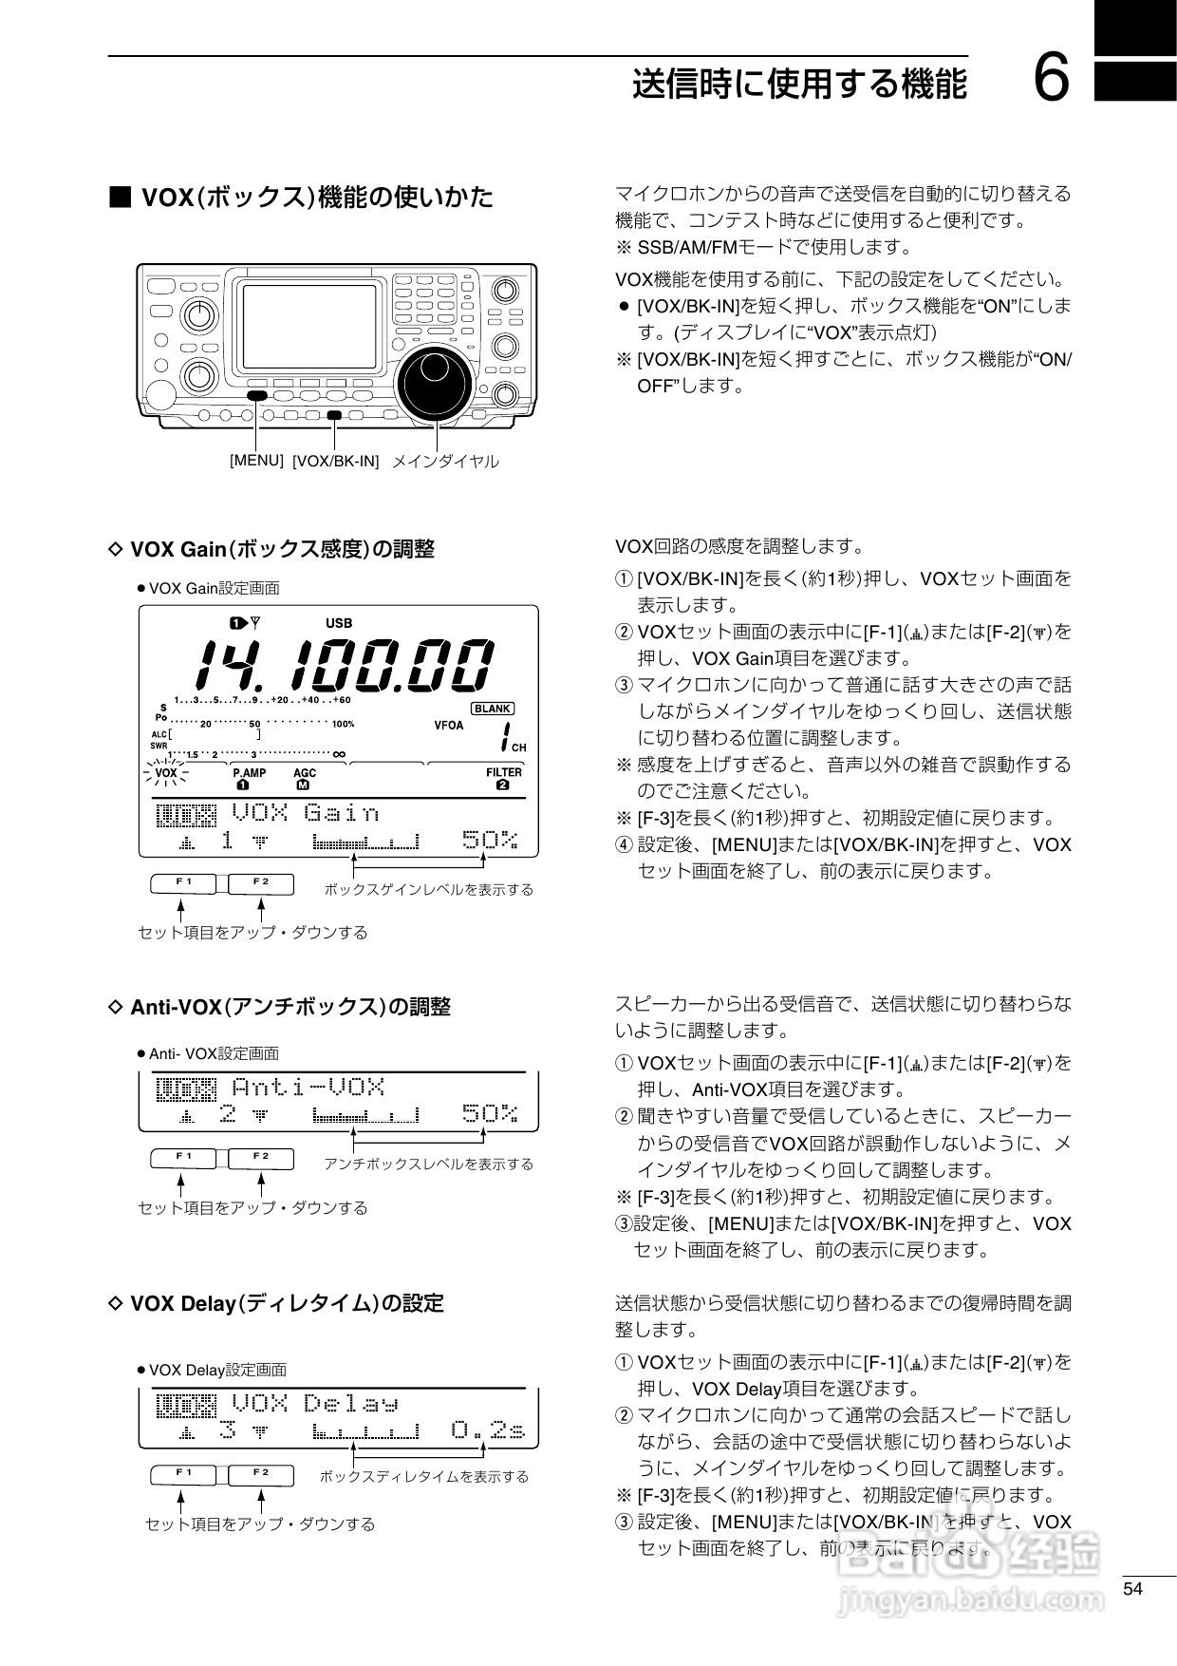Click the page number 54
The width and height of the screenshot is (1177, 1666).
point(1132,1589)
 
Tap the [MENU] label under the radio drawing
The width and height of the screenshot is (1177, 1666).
point(256,460)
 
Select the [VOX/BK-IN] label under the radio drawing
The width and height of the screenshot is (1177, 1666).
point(335,462)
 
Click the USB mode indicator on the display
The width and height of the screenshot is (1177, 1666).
point(339,623)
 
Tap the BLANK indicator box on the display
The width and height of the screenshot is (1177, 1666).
point(493,709)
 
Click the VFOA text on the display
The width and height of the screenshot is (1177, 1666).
point(449,726)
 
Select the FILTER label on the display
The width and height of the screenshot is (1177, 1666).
point(504,772)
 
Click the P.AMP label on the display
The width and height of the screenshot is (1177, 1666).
point(249,773)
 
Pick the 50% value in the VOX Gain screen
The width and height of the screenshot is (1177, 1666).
point(490,840)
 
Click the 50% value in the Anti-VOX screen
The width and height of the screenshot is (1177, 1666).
point(490,1113)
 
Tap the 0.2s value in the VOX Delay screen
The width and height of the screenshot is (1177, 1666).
point(488,1429)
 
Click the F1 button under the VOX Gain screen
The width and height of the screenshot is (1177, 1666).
point(185,883)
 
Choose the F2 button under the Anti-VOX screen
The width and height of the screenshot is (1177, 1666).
point(261,1158)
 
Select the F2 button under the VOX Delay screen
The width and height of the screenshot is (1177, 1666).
point(261,1474)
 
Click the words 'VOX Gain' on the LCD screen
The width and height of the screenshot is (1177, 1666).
point(306,813)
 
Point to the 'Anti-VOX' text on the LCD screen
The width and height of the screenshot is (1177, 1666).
point(308,1087)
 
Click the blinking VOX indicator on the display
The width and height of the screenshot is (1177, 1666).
point(166,773)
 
